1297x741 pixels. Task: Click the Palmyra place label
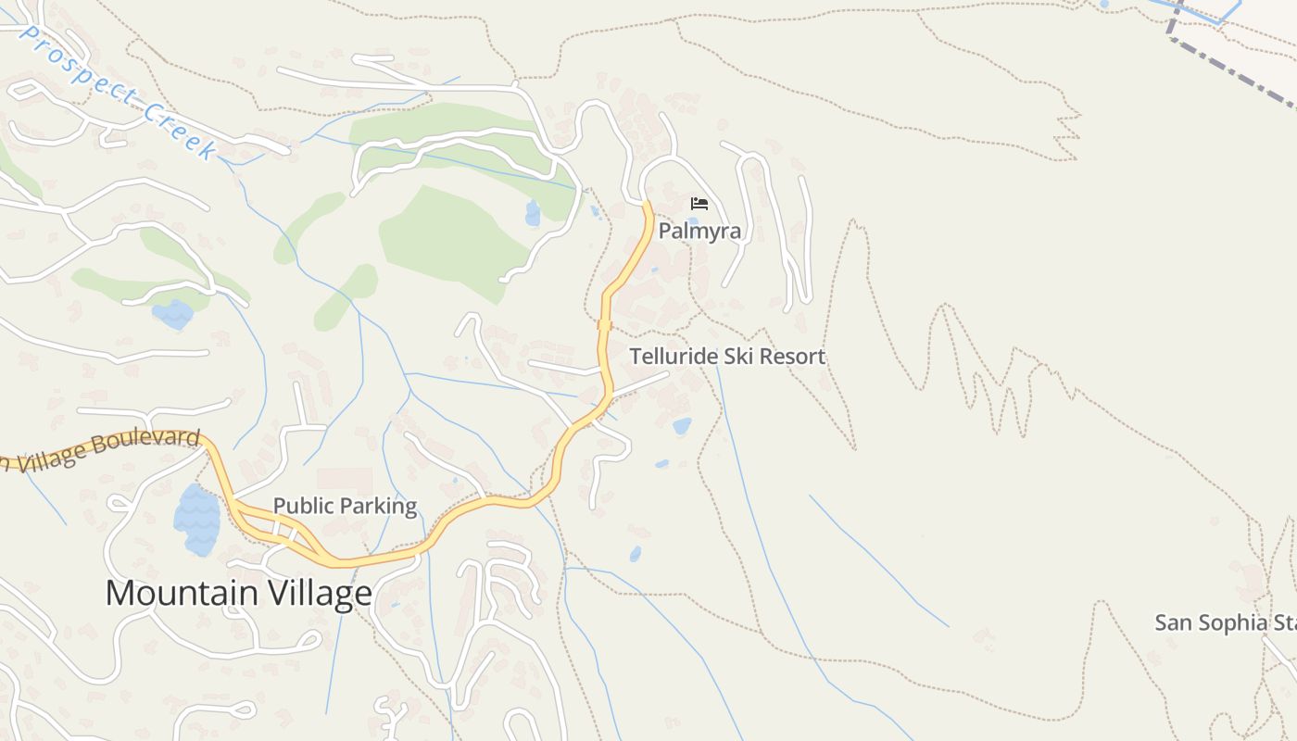(x=699, y=231)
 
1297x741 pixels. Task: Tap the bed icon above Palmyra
(x=699, y=204)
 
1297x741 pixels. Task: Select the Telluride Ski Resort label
(x=727, y=357)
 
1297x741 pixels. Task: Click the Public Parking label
(x=345, y=506)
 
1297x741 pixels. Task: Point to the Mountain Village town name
(x=238, y=593)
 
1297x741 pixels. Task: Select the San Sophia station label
(x=1223, y=622)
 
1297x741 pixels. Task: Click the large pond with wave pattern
(x=196, y=519)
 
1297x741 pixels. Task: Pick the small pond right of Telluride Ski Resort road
(x=682, y=426)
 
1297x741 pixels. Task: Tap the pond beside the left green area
(x=172, y=315)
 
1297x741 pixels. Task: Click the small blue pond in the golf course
(x=533, y=213)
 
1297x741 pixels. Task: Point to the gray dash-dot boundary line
(x=1232, y=69)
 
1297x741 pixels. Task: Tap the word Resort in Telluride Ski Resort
(x=790, y=357)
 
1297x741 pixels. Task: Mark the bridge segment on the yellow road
(x=604, y=324)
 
